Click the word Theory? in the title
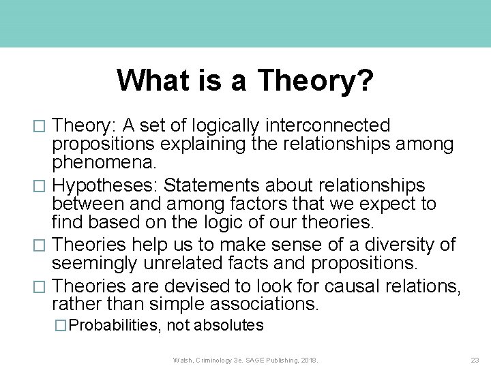click(315, 80)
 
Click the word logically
click(225, 126)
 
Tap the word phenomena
click(104, 164)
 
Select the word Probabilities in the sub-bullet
click(115, 326)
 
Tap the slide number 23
click(475, 359)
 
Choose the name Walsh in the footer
click(182, 359)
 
